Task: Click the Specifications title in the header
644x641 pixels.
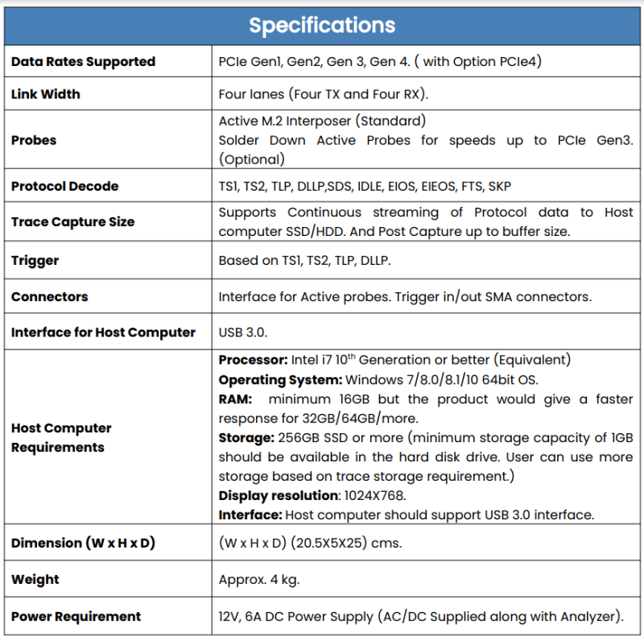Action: point(322,25)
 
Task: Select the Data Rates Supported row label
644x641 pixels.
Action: point(83,62)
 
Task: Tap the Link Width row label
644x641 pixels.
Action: point(46,94)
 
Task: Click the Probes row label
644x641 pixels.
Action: point(34,140)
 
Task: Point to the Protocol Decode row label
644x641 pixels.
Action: point(64,186)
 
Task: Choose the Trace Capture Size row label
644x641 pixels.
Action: point(72,221)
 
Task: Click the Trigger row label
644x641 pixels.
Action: point(35,261)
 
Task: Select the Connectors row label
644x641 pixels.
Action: point(50,296)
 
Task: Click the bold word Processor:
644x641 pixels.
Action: point(251,360)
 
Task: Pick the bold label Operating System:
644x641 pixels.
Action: point(280,379)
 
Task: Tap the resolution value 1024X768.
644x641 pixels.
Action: point(374,495)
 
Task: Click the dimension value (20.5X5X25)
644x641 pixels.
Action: point(325,543)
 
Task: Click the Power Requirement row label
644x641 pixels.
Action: point(76,616)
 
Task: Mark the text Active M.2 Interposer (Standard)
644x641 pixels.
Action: point(322,121)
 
